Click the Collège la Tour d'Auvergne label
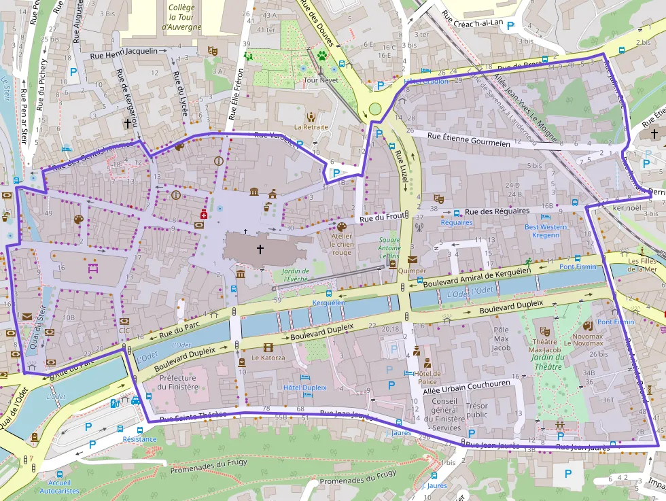[x=181, y=17]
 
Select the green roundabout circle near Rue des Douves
[x=375, y=108]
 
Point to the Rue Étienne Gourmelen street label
[x=468, y=140]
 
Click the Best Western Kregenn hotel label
[x=541, y=231]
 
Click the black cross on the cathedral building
[x=260, y=249]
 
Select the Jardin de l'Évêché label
[x=296, y=275]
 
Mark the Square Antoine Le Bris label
[x=389, y=248]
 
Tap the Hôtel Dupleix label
[x=304, y=387]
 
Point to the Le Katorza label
[x=268, y=357]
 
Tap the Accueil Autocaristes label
[x=59, y=486]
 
